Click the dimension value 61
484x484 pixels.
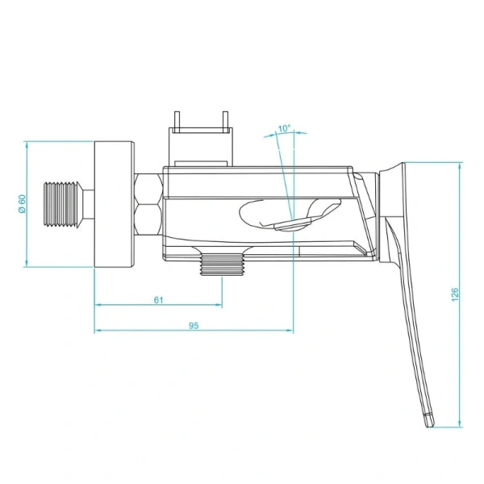point(158,299)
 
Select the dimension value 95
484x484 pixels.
point(194,325)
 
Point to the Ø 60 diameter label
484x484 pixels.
point(23,204)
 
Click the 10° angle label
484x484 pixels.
point(283,128)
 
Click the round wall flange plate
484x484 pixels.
point(114,204)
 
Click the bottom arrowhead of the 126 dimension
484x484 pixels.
point(461,425)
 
